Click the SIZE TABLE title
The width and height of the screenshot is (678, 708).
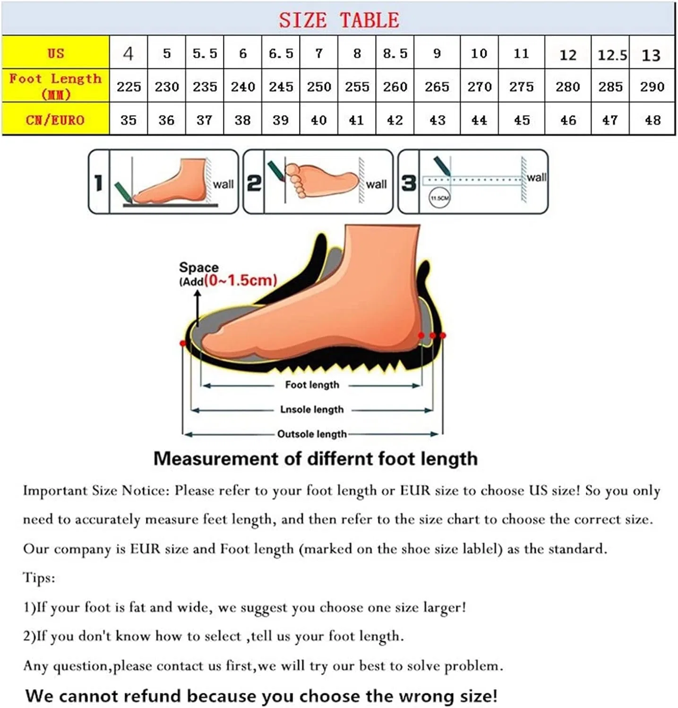pyautogui.click(x=339, y=20)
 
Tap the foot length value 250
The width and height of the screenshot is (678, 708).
pyautogui.click(x=319, y=87)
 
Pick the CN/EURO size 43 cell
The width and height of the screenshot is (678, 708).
pyautogui.click(x=437, y=120)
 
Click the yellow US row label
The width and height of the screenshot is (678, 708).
pyautogui.click(x=56, y=53)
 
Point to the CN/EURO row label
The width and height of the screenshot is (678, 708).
pyautogui.click(x=55, y=120)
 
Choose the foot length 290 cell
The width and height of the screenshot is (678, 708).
pyautogui.click(x=652, y=87)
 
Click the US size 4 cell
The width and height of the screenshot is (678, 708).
pyautogui.click(x=129, y=53)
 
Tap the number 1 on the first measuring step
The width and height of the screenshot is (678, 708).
pyautogui.click(x=98, y=183)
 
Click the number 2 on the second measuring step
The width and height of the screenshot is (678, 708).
pyautogui.click(x=254, y=183)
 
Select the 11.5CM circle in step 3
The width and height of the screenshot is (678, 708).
pyautogui.click(x=439, y=198)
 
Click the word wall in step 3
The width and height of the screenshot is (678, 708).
pyautogui.click(x=537, y=177)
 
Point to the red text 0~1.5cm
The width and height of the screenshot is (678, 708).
pyautogui.click(x=240, y=280)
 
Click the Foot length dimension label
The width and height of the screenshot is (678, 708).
pyautogui.click(x=312, y=385)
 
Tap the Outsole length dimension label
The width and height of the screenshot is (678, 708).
pyautogui.click(x=312, y=434)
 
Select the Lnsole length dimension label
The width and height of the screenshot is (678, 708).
pyautogui.click(x=312, y=409)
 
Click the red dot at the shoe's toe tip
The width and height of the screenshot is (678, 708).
pyautogui.click(x=183, y=343)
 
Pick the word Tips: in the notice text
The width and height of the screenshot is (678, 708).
pyautogui.click(x=39, y=578)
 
